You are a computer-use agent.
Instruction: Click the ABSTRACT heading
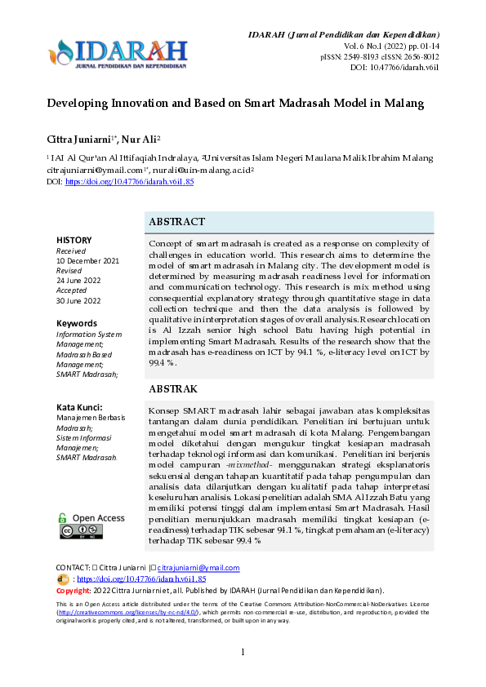coord(176,222)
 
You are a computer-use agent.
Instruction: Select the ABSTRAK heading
coord(173,389)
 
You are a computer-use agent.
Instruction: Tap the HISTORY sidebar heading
coord(74,240)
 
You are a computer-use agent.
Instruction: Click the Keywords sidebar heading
coord(76,323)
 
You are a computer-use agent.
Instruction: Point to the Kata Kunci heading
coord(78,406)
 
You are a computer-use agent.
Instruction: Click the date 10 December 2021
coord(87,260)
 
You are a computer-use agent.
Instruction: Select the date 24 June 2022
coord(78,280)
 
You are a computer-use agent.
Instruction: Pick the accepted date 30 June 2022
coord(78,300)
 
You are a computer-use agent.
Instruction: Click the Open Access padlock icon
coord(63,517)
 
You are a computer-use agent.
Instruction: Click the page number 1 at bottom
coord(243,674)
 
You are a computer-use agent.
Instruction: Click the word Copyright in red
coord(73,590)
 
